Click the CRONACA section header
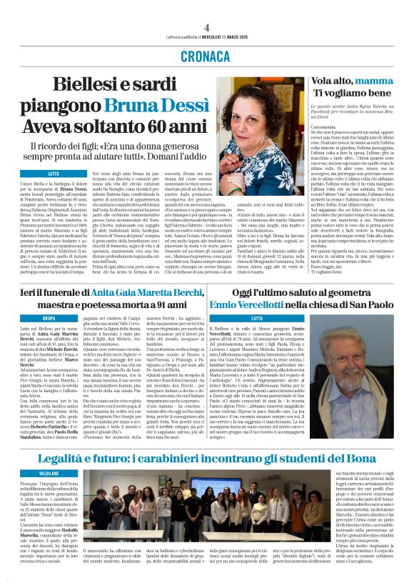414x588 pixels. coord(206,56)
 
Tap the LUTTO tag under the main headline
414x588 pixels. coord(54,174)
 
